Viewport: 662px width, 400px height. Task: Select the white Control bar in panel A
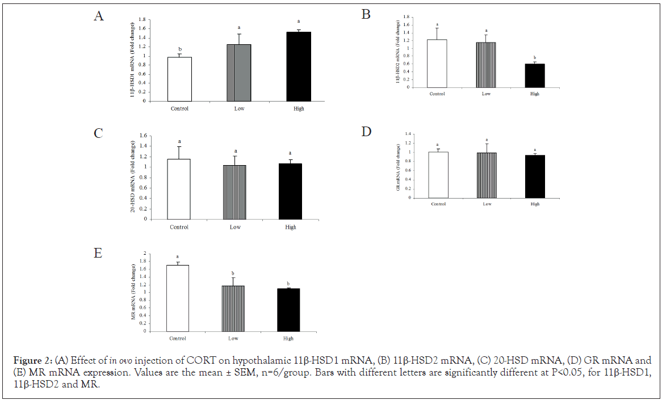tap(179, 79)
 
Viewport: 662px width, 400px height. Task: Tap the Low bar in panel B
tap(486, 65)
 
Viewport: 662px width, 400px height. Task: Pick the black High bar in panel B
tap(534, 75)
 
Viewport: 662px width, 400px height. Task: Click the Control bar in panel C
tap(179, 188)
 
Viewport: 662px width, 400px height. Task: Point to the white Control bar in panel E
tap(177, 298)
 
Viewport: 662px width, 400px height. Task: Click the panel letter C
tap(98, 133)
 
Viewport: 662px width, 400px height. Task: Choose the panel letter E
tap(98, 253)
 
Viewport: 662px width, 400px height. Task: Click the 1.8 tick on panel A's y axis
tap(143, 19)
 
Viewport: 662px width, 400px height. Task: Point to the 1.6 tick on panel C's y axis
tap(143, 136)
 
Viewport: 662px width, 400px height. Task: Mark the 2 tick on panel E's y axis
tap(144, 253)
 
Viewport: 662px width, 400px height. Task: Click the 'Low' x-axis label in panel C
tap(234, 227)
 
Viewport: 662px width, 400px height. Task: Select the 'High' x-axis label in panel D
tap(534, 204)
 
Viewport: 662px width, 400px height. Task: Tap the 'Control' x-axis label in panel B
tap(438, 94)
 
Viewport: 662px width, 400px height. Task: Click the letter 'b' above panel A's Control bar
tap(179, 49)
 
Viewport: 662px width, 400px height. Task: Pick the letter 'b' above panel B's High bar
tap(535, 57)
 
